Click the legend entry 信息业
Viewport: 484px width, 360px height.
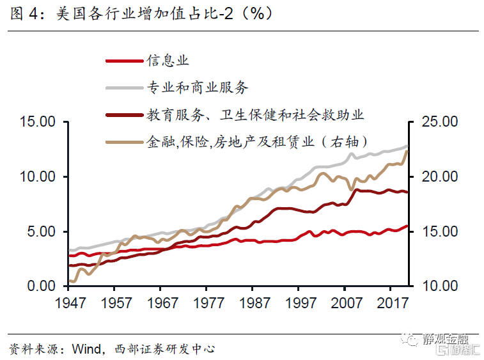[x=168, y=61]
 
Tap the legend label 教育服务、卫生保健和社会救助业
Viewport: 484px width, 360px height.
[x=254, y=115]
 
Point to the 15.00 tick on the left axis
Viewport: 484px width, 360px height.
[x=38, y=121]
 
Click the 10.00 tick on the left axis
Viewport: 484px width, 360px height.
[x=38, y=176]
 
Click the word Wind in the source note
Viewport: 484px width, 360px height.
[x=87, y=349]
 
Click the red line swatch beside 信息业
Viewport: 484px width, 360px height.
[x=123, y=61]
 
